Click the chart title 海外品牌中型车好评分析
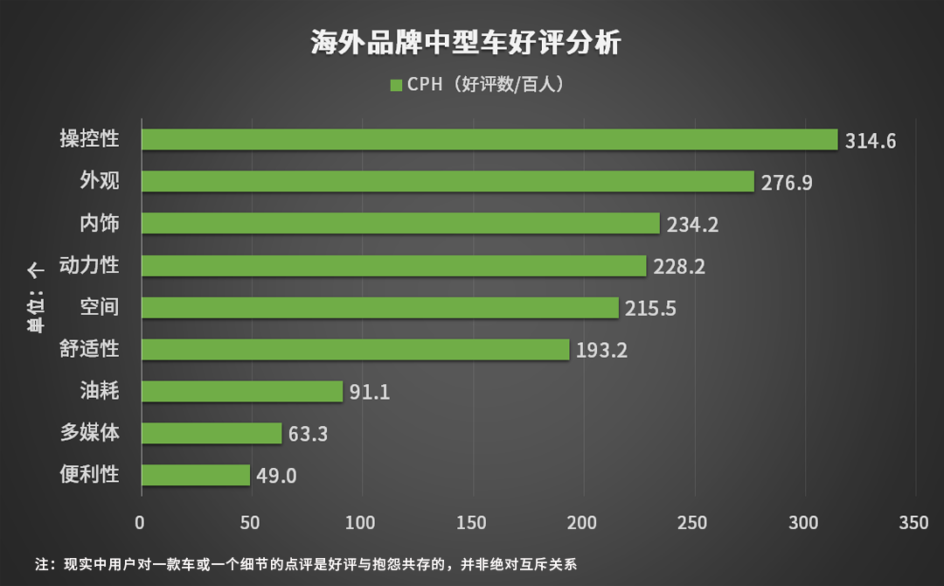click(466, 42)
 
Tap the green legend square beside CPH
click(395, 85)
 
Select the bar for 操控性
click(489, 140)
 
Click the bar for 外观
click(448, 181)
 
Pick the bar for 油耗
click(242, 391)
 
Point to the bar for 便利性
click(196, 475)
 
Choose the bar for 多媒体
click(212, 433)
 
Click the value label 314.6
click(871, 141)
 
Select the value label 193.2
click(601, 351)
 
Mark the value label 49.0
click(276, 476)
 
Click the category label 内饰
click(99, 223)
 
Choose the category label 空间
click(99, 307)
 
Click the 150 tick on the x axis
click(473, 523)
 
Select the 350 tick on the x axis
click(914, 523)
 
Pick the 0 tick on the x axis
click(141, 523)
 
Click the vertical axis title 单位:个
click(36, 297)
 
